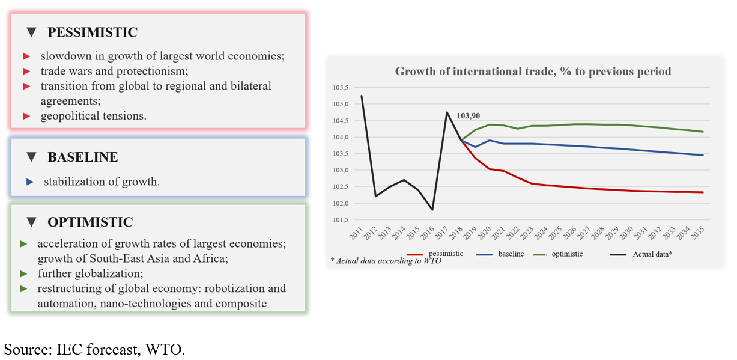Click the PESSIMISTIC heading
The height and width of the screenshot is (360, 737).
click(93, 32)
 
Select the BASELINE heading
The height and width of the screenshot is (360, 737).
click(83, 157)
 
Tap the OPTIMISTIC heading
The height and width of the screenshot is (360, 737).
click(90, 222)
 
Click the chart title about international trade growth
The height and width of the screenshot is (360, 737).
click(533, 72)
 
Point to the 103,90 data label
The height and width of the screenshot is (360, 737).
click(468, 116)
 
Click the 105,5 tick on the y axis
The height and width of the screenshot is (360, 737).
click(341, 87)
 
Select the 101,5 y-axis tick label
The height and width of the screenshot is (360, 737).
click(341, 220)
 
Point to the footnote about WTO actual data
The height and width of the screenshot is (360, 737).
click(386, 261)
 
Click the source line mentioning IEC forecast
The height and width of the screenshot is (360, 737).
click(95, 349)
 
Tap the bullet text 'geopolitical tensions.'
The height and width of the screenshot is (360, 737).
click(93, 116)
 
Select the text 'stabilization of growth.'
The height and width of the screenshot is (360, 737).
click(102, 181)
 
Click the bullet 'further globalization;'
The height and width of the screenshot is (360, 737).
click(90, 273)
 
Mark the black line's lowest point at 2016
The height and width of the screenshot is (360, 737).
click(432, 210)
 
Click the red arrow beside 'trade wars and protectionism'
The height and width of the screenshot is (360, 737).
click(26, 71)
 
